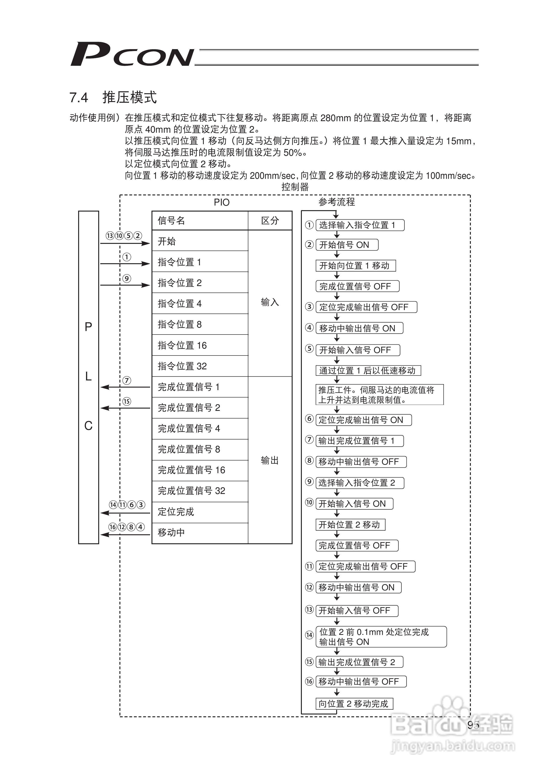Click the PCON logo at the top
[132, 54]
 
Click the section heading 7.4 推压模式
[113, 97]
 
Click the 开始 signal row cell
[200, 241]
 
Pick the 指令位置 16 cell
[200, 345]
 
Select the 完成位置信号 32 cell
[200, 491]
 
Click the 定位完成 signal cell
[200, 512]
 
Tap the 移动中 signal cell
[200, 532]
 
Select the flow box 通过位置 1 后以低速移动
[368, 371]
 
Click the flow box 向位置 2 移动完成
[354, 704]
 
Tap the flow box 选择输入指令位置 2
[359, 483]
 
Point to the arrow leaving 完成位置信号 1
[125, 387]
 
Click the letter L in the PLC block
[88, 376]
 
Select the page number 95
[473, 725]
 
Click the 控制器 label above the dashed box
[295, 187]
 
